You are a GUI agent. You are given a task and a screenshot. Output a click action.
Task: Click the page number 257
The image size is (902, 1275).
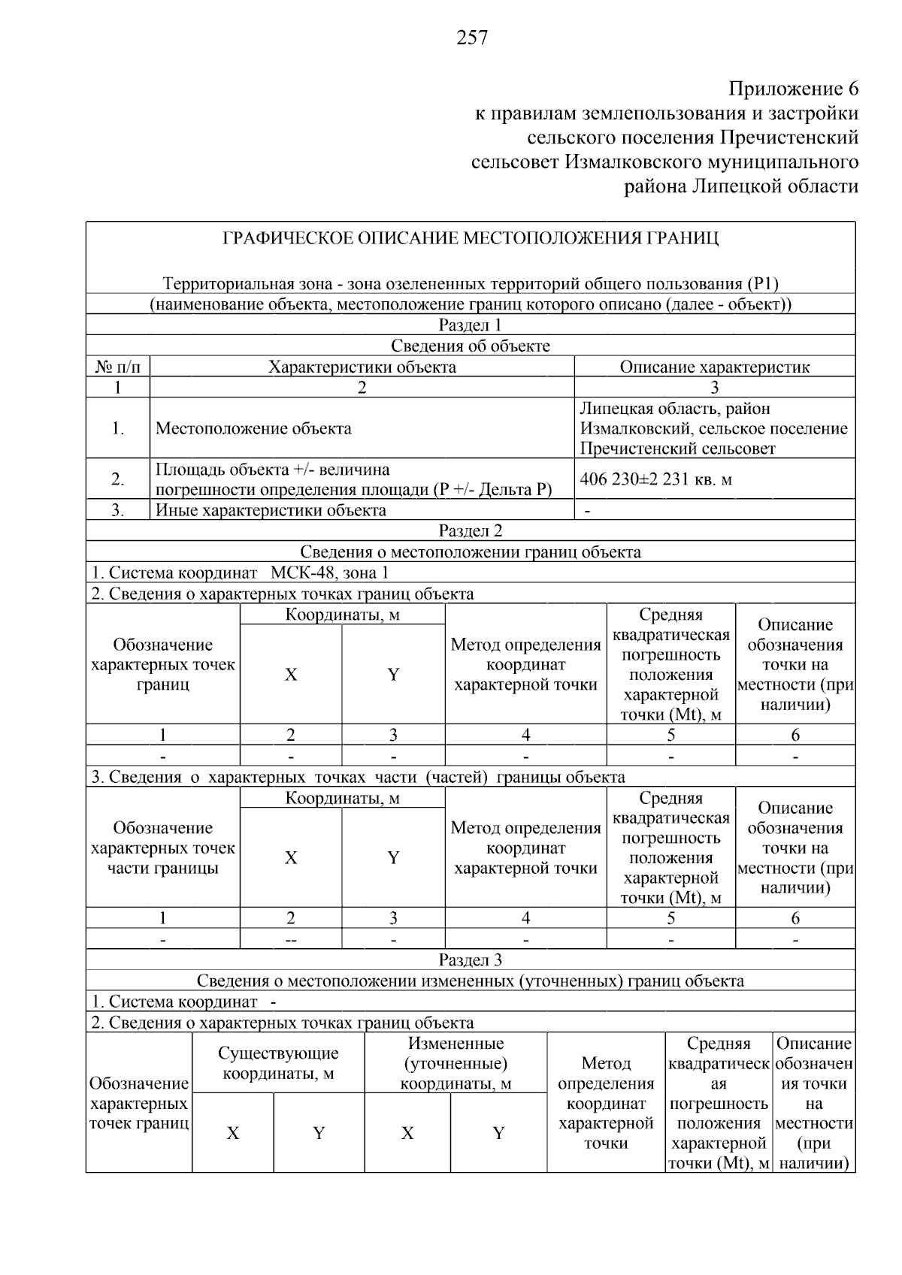472,38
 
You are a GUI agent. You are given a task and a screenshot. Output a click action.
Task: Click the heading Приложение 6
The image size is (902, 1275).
793,89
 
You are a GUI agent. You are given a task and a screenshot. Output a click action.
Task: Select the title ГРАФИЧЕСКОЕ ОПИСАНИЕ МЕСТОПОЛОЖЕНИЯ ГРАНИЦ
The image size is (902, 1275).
471,239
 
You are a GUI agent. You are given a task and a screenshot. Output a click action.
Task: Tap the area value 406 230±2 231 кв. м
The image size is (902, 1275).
655,479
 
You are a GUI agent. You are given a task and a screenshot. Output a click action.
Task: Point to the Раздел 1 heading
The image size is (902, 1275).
470,325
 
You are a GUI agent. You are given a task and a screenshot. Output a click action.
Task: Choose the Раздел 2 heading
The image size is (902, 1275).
470,531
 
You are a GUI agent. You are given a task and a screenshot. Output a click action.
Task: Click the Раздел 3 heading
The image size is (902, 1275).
470,960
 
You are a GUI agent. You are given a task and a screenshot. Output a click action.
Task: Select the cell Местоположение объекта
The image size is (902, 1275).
253,429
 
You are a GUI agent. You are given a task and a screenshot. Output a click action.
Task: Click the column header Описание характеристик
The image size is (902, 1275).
714,367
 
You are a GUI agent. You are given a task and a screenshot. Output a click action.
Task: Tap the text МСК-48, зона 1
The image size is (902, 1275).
329,573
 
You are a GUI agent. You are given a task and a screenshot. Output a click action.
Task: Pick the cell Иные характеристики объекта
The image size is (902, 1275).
271,511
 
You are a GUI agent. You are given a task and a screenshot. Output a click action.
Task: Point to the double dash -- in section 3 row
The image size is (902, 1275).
290,940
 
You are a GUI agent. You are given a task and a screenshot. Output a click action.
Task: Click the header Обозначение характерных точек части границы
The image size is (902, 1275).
162,848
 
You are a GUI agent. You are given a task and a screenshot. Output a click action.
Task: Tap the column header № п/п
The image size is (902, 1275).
118,367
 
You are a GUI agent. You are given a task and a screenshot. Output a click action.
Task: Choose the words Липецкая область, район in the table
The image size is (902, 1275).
675,409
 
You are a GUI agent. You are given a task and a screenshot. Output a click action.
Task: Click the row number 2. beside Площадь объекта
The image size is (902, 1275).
118,479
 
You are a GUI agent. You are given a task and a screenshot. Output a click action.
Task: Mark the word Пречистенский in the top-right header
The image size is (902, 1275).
788,138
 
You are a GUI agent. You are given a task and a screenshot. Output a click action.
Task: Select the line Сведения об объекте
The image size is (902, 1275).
470,346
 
